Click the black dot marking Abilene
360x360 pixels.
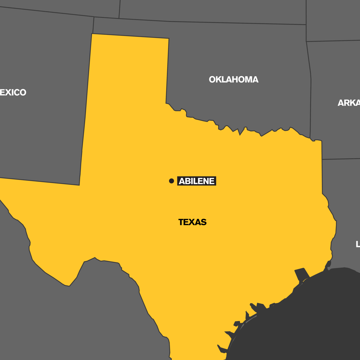point(171,181)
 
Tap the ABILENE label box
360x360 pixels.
point(197,181)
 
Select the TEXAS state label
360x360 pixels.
point(192,222)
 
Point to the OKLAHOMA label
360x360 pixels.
point(233,80)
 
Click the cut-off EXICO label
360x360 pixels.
point(13,92)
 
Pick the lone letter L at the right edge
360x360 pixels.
point(358,244)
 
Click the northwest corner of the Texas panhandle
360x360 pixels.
point(92,34)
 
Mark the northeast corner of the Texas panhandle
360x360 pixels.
point(169,39)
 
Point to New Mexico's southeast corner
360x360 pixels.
point(79,185)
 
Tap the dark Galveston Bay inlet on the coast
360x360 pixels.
point(302,274)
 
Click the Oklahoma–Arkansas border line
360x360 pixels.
point(311,90)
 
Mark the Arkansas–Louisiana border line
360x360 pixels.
point(341,159)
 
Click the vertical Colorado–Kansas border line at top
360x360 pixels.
point(120,9)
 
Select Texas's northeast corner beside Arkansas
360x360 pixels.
point(321,141)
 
